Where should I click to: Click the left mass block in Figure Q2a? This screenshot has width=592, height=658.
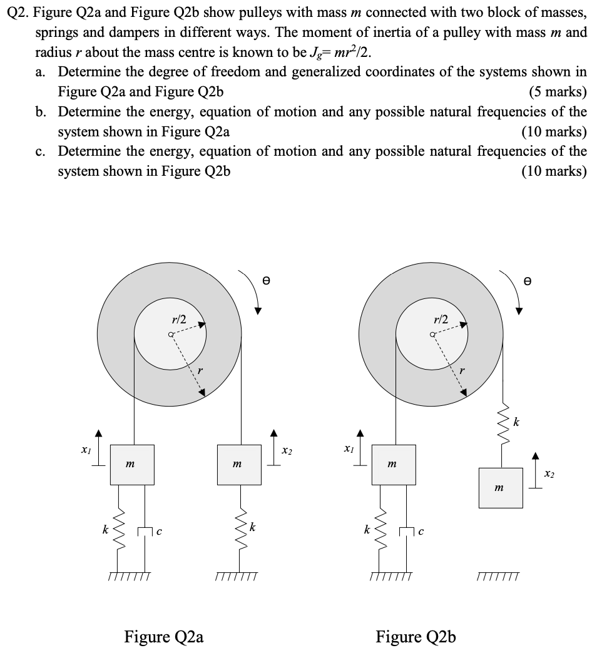pyautogui.click(x=132, y=464)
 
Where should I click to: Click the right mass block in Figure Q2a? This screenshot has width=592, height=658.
pyautogui.click(x=238, y=464)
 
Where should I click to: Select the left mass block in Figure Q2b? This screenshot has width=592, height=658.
pyautogui.click(x=394, y=464)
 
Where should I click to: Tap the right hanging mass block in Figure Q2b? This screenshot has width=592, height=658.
pyautogui.click(x=501, y=486)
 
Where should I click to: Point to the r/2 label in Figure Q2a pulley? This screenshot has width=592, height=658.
pyautogui.click(x=179, y=320)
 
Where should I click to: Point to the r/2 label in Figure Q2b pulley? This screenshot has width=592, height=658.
pyautogui.click(x=441, y=320)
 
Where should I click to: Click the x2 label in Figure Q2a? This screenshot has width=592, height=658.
pyautogui.click(x=287, y=450)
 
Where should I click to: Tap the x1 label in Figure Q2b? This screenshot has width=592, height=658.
pyautogui.click(x=347, y=450)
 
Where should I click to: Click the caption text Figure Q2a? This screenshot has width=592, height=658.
pyautogui.click(x=164, y=637)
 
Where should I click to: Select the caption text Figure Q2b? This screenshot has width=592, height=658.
pyautogui.click(x=416, y=637)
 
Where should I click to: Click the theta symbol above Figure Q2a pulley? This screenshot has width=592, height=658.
pyautogui.click(x=266, y=282)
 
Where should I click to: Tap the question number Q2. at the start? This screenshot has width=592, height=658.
pyautogui.click(x=19, y=13)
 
